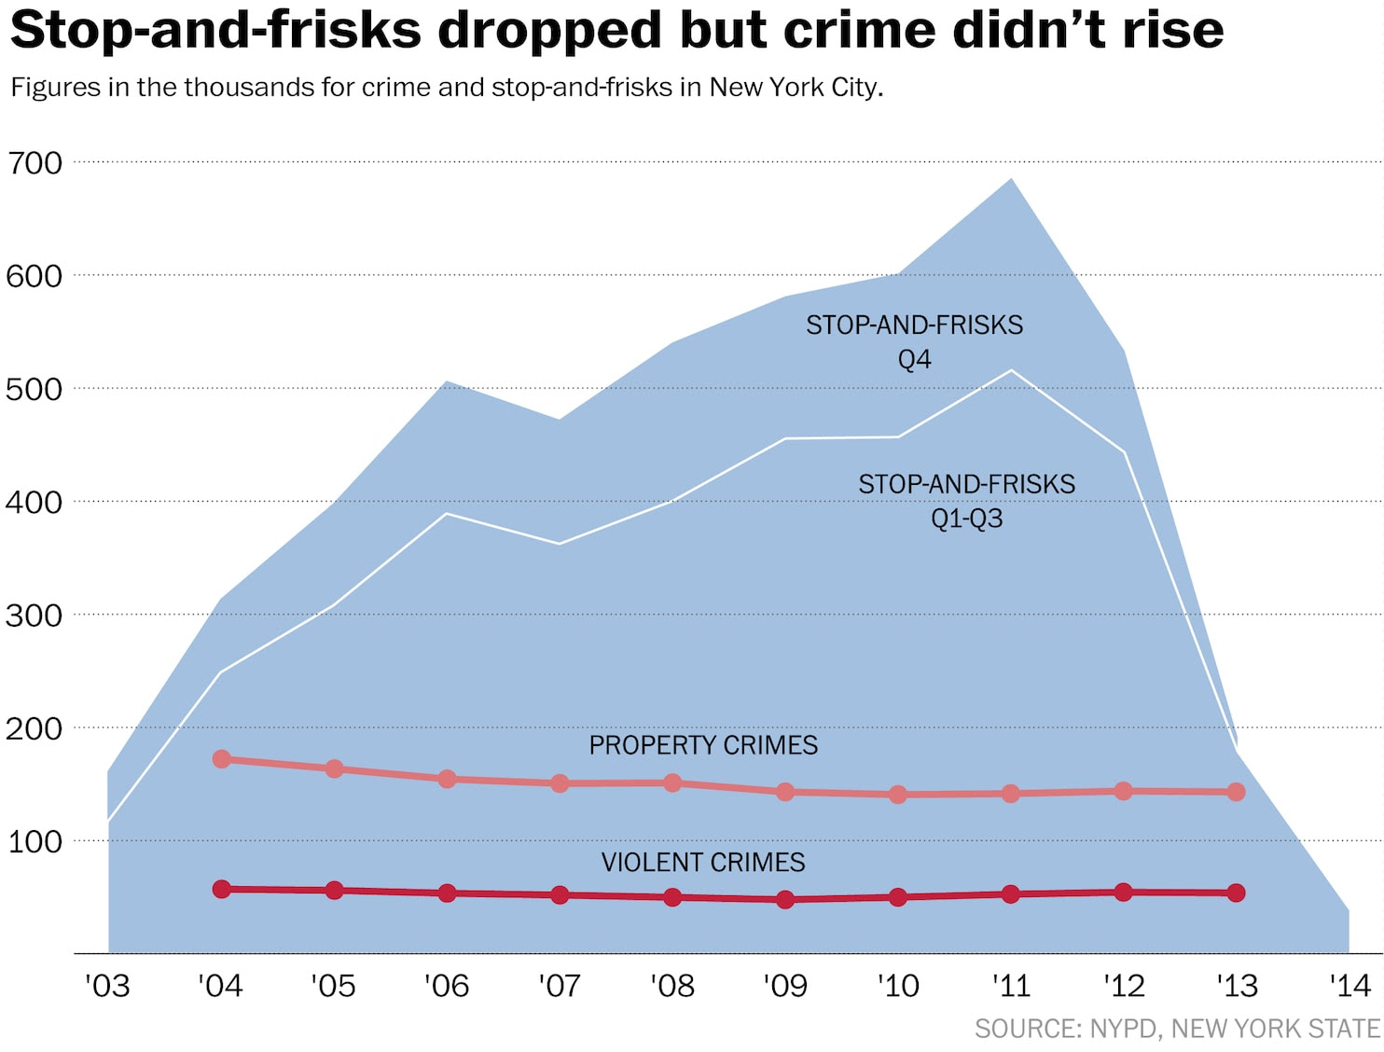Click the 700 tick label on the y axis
(x=35, y=163)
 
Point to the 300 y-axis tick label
(x=35, y=616)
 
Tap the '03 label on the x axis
(x=107, y=986)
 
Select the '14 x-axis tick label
(x=1349, y=986)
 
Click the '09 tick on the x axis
(x=785, y=986)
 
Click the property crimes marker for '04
(x=222, y=759)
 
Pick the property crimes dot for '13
(x=1237, y=792)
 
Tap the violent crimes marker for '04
(x=222, y=889)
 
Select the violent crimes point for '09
(x=785, y=900)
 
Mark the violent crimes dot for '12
(x=1124, y=893)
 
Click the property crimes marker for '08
(x=672, y=783)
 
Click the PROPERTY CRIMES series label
(x=703, y=745)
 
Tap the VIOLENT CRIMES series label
(x=703, y=862)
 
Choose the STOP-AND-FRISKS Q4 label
(x=914, y=341)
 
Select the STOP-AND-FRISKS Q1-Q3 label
(x=967, y=501)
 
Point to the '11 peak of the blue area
(x=1011, y=179)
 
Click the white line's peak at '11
(x=1011, y=370)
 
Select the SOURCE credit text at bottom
(x=1177, y=1029)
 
